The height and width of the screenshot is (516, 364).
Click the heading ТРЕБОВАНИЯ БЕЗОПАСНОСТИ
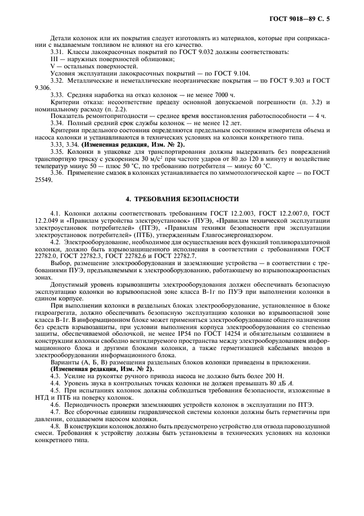pyautogui.click(x=182, y=198)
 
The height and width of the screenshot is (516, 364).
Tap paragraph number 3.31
pyautogui.click(x=57, y=51)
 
